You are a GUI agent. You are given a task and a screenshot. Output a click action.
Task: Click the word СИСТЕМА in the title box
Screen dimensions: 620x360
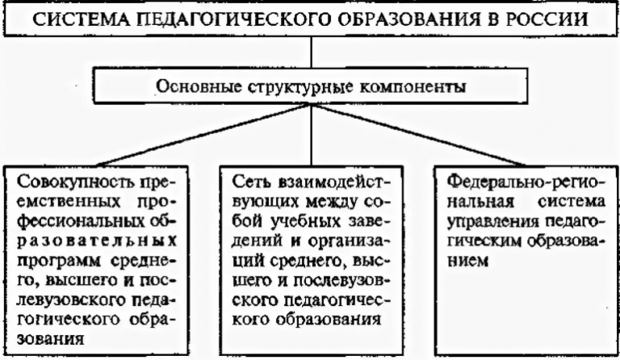[82, 19]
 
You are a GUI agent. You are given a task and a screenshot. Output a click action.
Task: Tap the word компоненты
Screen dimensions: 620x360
[412, 87]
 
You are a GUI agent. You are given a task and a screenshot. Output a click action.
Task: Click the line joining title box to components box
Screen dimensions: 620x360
[311, 52]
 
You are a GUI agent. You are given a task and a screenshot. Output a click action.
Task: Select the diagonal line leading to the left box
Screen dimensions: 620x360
[203, 135]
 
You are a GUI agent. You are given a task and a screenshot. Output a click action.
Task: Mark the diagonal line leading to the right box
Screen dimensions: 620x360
[418, 135]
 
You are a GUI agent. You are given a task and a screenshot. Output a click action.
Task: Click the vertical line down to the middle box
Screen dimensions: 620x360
[311, 135]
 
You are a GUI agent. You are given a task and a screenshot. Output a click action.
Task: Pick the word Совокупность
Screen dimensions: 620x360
[74, 182]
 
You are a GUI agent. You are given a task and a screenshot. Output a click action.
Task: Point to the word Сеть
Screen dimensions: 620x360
[249, 182]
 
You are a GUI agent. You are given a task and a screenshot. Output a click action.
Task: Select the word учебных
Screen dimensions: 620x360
[301, 222]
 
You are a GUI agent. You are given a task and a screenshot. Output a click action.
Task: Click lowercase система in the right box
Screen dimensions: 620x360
[572, 202]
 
